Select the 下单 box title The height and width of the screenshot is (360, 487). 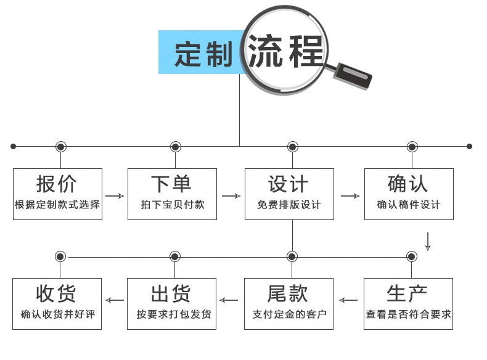171,184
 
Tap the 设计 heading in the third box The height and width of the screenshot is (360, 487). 289,184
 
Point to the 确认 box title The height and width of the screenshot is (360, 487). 408,184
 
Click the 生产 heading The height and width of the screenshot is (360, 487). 407,293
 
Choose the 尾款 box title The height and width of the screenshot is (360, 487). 288,293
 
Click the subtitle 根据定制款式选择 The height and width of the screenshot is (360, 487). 57,205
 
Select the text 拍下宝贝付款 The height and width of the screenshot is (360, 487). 173,205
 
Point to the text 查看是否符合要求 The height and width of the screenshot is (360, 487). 409,314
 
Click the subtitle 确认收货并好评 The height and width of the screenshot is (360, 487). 58,314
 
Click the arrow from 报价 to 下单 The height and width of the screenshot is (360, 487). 114,196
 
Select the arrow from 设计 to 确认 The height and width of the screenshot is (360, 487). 350,196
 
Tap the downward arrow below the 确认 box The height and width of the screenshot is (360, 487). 428,241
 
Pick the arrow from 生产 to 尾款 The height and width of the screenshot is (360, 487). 348,301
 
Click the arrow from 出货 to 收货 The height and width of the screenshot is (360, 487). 114,301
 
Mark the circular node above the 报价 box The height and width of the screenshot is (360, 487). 60,147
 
